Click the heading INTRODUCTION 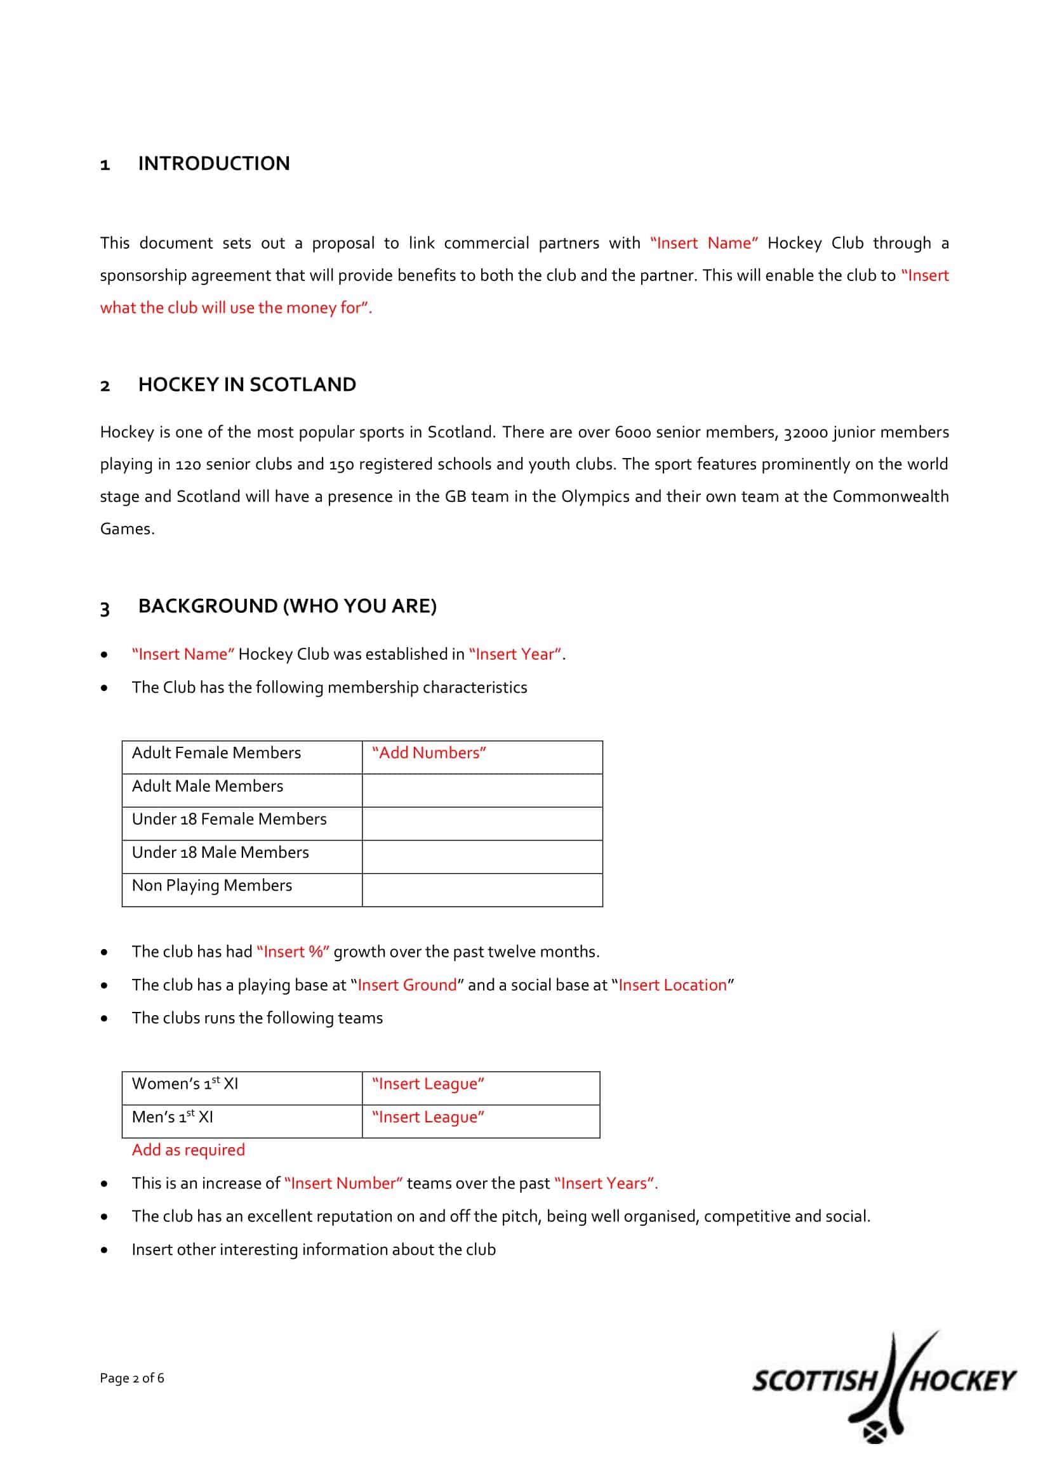(213, 164)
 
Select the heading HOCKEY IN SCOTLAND (246, 384)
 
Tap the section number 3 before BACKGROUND (105, 608)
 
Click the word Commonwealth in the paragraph (890, 496)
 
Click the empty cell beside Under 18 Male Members (482, 857)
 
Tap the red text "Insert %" (293, 952)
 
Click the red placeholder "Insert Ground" (408, 985)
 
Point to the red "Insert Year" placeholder (515, 654)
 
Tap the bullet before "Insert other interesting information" (104, 1251)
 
